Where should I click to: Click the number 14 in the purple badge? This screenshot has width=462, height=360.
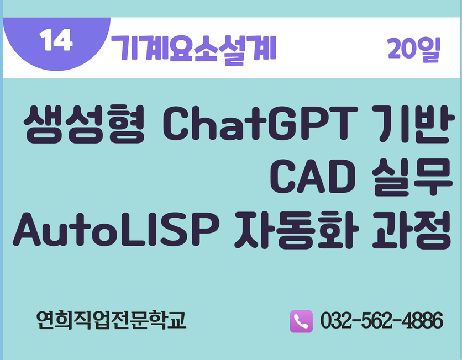coord(56,40)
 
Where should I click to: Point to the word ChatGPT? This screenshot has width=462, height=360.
coord(260,123)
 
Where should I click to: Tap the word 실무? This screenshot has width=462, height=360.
coord(412,177)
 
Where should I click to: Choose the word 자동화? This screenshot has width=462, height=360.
coord(297,230)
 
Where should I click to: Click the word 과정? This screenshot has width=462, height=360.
coord(412,230)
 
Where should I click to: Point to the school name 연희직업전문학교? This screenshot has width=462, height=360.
coord(111,320)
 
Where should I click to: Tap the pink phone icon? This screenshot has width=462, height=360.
coord(301,321)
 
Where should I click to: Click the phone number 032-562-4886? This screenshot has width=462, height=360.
coord(381,320)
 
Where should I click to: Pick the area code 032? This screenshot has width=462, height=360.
coord(336,320)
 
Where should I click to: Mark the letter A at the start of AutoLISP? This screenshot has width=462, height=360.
coord(27,229)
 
